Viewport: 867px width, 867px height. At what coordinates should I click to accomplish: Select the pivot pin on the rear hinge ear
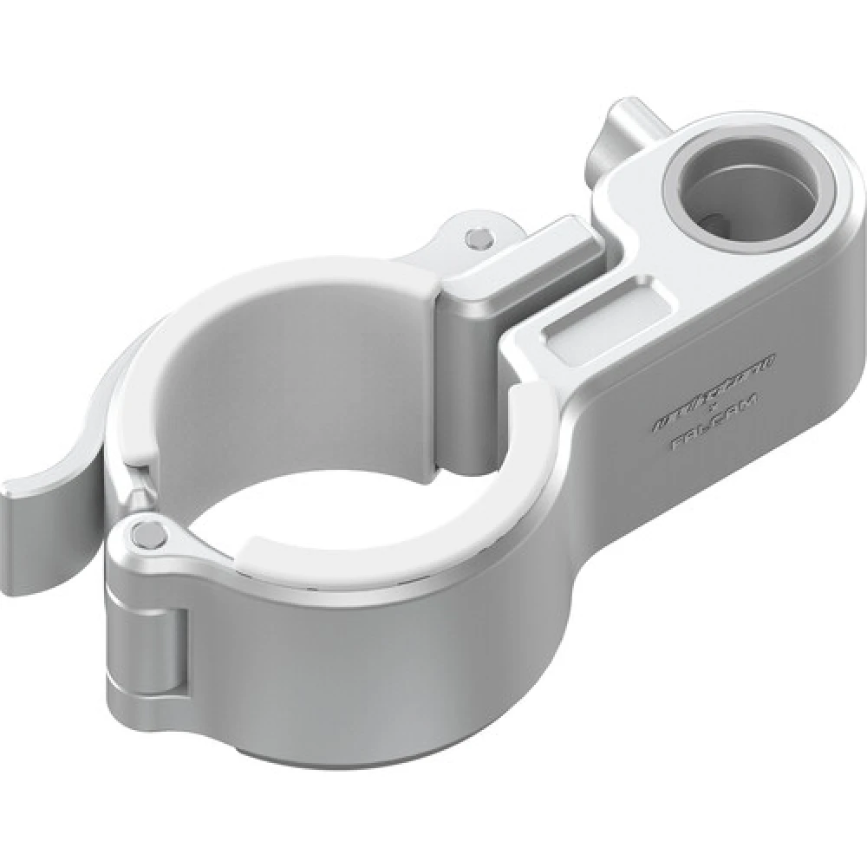(x=475, y=235)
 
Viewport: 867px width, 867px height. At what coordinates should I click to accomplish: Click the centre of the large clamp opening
(x=347, y=460)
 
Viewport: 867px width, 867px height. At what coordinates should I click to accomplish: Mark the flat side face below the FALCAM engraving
(x=694, y=512)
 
